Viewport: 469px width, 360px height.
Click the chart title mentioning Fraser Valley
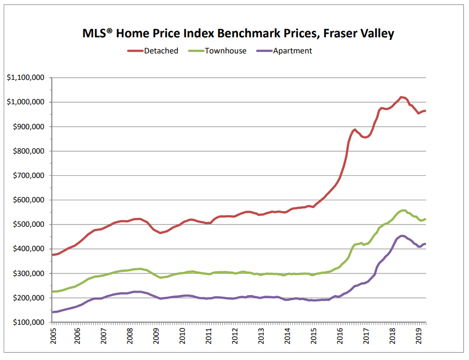[238, 34]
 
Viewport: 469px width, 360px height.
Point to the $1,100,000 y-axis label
[25, 78]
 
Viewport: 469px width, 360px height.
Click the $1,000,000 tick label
[25, 102]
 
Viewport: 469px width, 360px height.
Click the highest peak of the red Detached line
[401, 97]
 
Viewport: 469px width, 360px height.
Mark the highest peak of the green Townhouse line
[403, 210]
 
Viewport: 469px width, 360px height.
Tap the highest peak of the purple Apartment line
[402, 236]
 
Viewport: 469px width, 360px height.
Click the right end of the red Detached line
[425, 111]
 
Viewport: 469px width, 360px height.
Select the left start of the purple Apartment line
[52, 312]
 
